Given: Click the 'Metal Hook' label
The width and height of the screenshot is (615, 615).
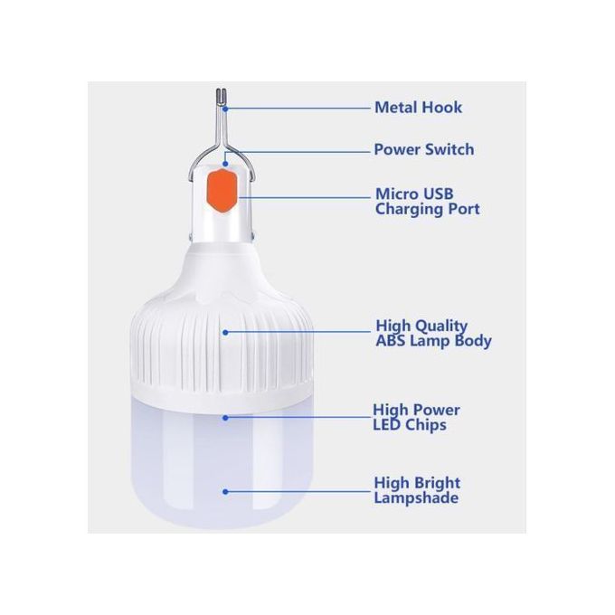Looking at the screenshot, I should coord(418,108).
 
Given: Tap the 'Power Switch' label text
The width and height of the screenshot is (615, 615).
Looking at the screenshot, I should coord(423,149).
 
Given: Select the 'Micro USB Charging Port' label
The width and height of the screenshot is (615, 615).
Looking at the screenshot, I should coord(427,202).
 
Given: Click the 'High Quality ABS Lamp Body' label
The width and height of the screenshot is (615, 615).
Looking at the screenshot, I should coord(433,333).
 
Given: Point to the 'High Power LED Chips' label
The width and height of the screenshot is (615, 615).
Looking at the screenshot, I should coord(416,417).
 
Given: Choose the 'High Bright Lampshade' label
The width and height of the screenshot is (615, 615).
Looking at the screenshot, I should coord(416,490).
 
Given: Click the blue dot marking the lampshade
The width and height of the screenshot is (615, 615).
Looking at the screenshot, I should coord(225,492).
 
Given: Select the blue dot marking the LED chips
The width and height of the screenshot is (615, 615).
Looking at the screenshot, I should coord(225,417).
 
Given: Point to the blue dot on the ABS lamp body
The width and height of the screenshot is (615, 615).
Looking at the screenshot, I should coord(225,332).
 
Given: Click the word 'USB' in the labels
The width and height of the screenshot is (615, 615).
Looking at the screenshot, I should coord(437,194).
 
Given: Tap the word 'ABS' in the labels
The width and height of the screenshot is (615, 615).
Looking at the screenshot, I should coord(393,341).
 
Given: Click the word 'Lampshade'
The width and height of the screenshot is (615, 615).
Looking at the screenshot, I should coord(416,498).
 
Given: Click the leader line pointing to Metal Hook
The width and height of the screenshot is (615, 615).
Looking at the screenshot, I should coord(298,108).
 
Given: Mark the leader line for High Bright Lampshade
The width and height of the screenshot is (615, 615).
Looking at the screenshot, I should coord(298,492).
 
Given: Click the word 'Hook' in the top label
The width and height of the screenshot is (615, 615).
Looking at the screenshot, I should coord(442,108).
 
